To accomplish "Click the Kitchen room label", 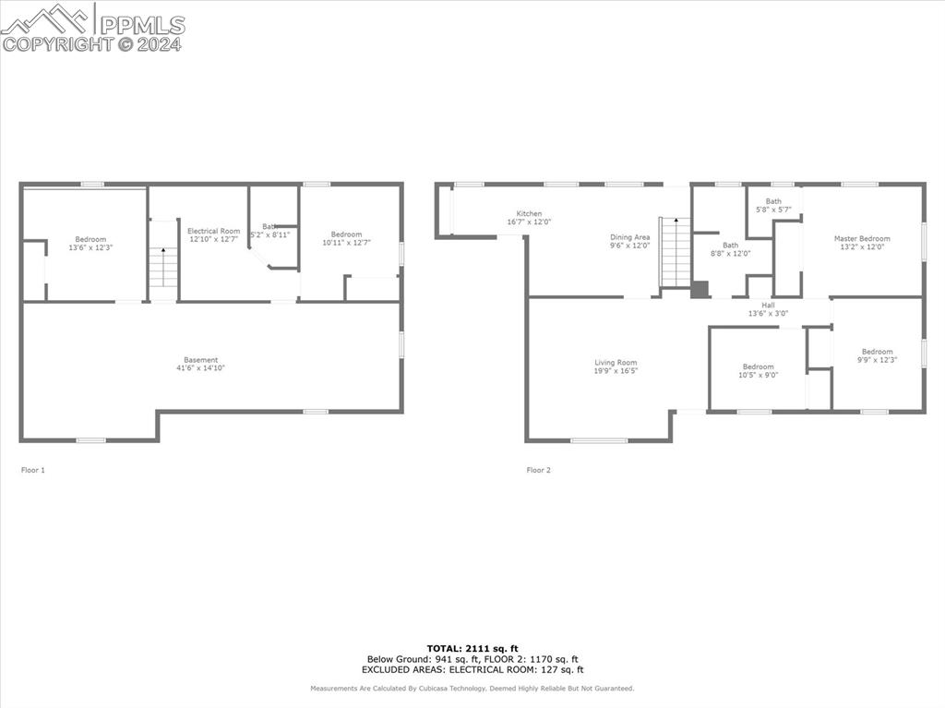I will coord(529,213).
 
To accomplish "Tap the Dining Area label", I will coord(629,237).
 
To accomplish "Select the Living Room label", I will coord(616,363).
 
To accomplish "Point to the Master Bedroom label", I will coord(862,238).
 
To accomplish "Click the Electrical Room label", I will coord(213,231).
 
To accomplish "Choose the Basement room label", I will coord(200,360).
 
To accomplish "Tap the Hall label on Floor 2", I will coord(768,306).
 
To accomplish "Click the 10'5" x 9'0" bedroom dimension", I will coord(759,375).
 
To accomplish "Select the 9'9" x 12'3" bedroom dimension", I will coord(877,359).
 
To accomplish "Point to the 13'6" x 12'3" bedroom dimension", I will coord(90,247).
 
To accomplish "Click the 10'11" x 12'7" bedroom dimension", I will coord(346,243).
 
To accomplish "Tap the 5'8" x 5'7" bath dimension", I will coord(773,210).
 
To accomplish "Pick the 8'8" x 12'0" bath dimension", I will coord(730,254).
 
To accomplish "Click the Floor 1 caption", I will coord(32,470).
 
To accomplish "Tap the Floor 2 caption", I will coord(538,470).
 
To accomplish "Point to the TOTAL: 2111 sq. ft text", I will coord(472,648).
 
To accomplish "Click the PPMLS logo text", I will coord(140,24).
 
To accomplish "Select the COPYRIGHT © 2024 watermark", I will coord(92,43).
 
